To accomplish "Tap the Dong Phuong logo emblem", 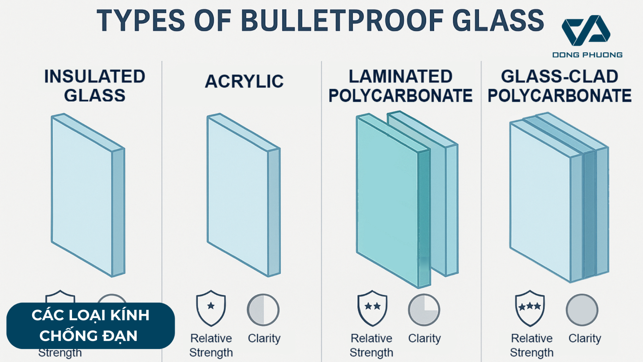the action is click(x=586, y=31).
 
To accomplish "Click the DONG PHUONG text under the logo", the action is click(x=587, y=55).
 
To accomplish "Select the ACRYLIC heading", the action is click(x=244, y=81).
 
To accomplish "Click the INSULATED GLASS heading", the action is click(x=95, y=86).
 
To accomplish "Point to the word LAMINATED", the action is click(x=401, y=76).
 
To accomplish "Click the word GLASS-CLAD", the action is click(x=560, y=76).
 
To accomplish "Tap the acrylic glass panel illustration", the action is click(x=244, y=195).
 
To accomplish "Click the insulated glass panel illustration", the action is click(x=88, y=195).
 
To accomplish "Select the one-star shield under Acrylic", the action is click(x=211, y=308).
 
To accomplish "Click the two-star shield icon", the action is click(x=372, y=308).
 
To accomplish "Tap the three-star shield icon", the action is click(x=530, y=308).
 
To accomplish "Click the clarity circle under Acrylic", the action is click(x=263, y=310).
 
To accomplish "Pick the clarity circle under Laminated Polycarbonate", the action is click(x=424, y=310).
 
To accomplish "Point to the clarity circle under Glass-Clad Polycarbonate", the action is click(x=582, y=310).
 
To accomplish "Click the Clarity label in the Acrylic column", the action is click(x=264, y=339).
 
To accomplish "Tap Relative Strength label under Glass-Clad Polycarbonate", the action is click(x=532, y=345).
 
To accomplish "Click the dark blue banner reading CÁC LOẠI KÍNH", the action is click(x=90, y=326).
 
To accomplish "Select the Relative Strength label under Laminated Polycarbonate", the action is click(x=371, y=345).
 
